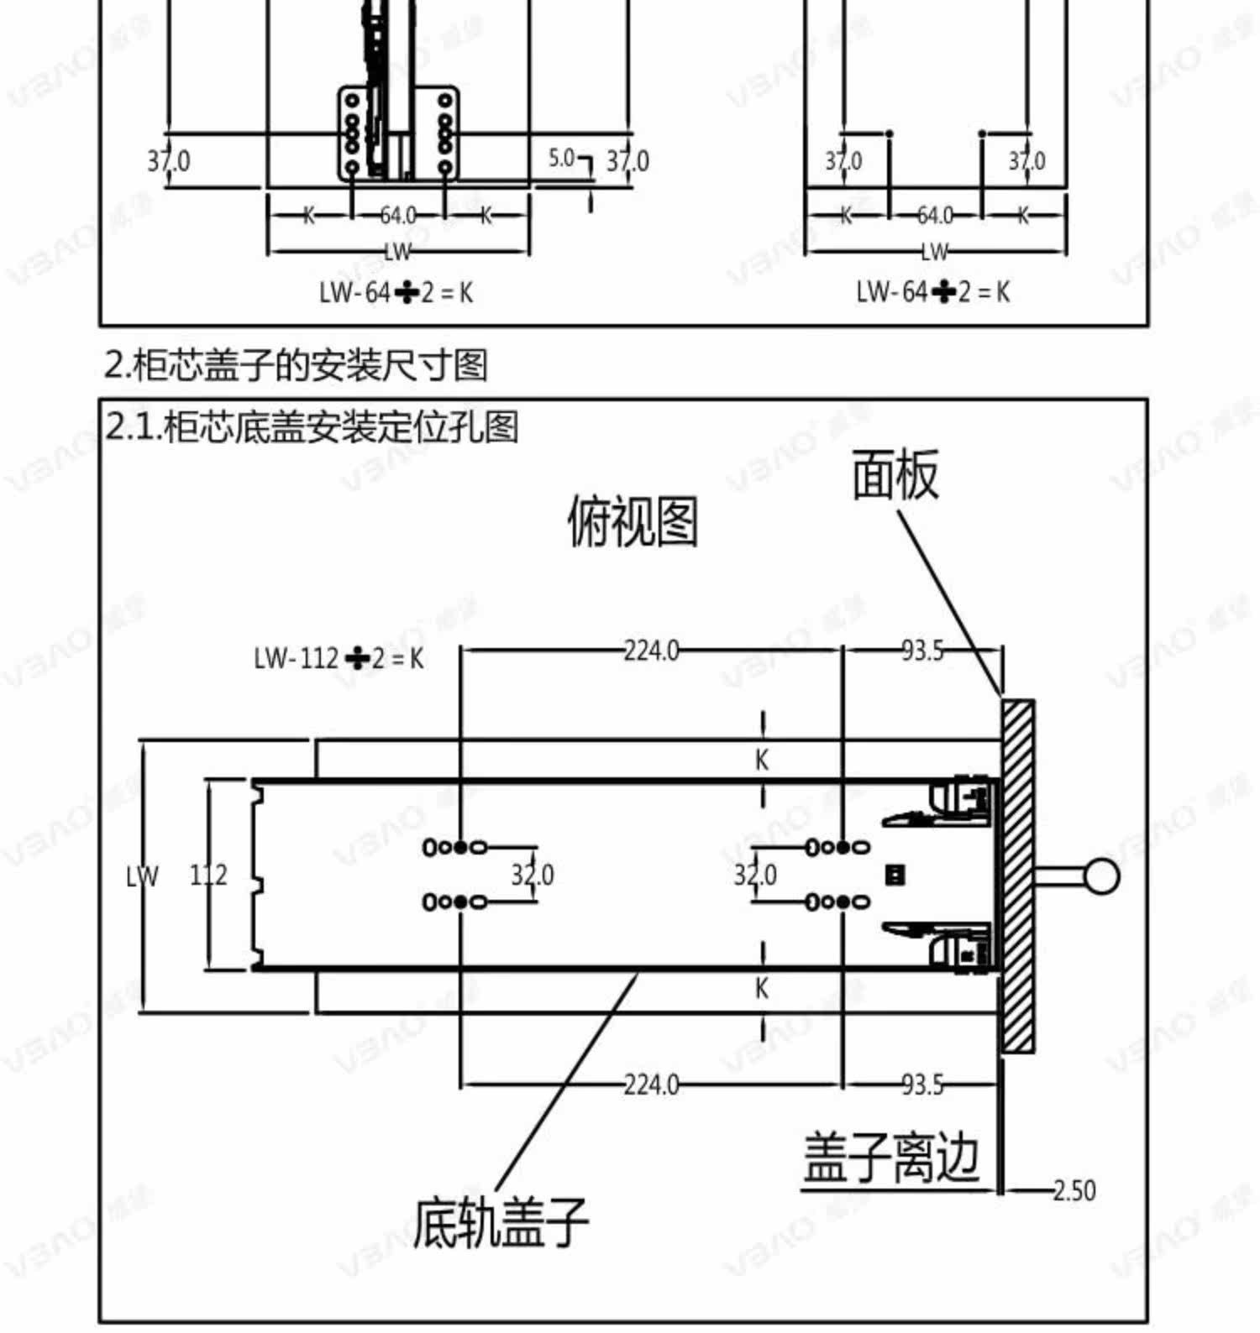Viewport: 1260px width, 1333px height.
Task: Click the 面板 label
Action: pos(895,475)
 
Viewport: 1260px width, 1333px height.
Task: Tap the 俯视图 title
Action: pos(633,521)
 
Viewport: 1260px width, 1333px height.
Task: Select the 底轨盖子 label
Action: pos(500,1222)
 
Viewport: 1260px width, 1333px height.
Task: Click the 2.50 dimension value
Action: pos(1074,1190)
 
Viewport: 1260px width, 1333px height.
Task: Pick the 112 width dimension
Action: pos(207,876)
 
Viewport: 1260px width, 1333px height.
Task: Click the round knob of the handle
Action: pos(1101,876)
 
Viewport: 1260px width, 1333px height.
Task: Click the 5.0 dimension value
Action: pos(561,158)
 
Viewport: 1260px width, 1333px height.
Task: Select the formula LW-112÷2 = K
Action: pos(339,658)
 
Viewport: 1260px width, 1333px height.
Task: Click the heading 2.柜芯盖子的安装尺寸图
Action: pos(295,365)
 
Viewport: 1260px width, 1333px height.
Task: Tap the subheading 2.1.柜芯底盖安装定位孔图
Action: pos(312,427)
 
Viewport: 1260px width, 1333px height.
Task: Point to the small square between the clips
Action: pos(895,876)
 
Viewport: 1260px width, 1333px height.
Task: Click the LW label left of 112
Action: pos(142,876)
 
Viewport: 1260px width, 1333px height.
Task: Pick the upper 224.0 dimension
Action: pos(651,651)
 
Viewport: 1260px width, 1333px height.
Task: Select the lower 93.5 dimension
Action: pos(922,1085)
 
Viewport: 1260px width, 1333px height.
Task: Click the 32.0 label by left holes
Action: pos(533,876)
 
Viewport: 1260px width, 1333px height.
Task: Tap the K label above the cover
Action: pos(762,760)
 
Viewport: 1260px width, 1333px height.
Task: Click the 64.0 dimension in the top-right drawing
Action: pos(934,216)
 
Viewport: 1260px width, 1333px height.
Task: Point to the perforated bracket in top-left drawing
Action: pos(399,133)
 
